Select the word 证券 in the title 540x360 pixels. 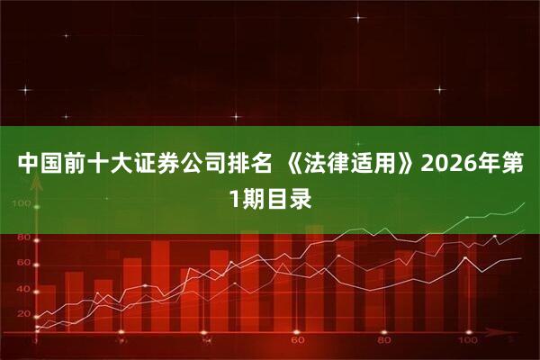[155, 166]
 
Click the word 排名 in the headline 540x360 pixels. [248, 166]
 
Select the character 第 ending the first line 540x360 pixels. [517, 166]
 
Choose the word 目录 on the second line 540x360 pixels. [291, 199]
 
